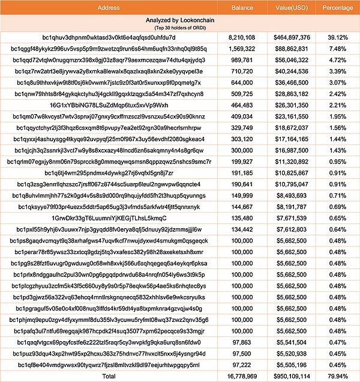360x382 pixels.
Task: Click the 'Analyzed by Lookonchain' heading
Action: pos(116,20)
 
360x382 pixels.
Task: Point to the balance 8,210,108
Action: pos(242,37)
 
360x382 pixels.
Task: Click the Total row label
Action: pos(116,375)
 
